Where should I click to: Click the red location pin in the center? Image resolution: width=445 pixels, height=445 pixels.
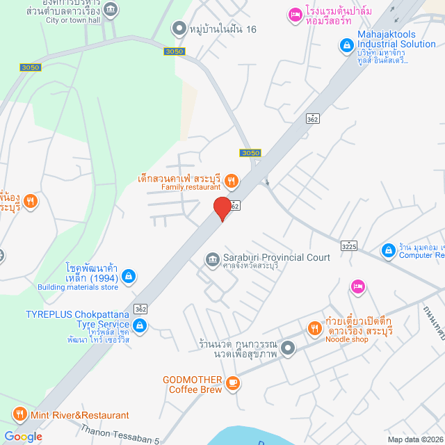(222, 208)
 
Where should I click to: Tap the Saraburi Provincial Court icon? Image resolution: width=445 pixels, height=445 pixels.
(211, 259)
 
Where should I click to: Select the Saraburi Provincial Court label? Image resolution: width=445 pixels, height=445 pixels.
(276, 257)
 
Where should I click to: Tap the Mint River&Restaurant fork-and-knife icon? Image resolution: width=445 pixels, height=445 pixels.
(16, 415)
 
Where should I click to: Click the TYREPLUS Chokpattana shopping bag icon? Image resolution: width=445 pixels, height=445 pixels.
(140, 325)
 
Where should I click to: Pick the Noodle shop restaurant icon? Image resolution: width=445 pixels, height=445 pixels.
(314, 328)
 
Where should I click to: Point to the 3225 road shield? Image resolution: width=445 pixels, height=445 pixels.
(349, 245)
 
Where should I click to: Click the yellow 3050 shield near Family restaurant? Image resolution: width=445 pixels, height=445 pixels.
(250, 153)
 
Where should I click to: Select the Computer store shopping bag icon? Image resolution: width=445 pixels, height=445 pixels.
(388, 250)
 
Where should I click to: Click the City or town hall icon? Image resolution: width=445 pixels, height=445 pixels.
(111, 9)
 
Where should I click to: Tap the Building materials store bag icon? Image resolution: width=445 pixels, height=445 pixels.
(128, 277)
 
